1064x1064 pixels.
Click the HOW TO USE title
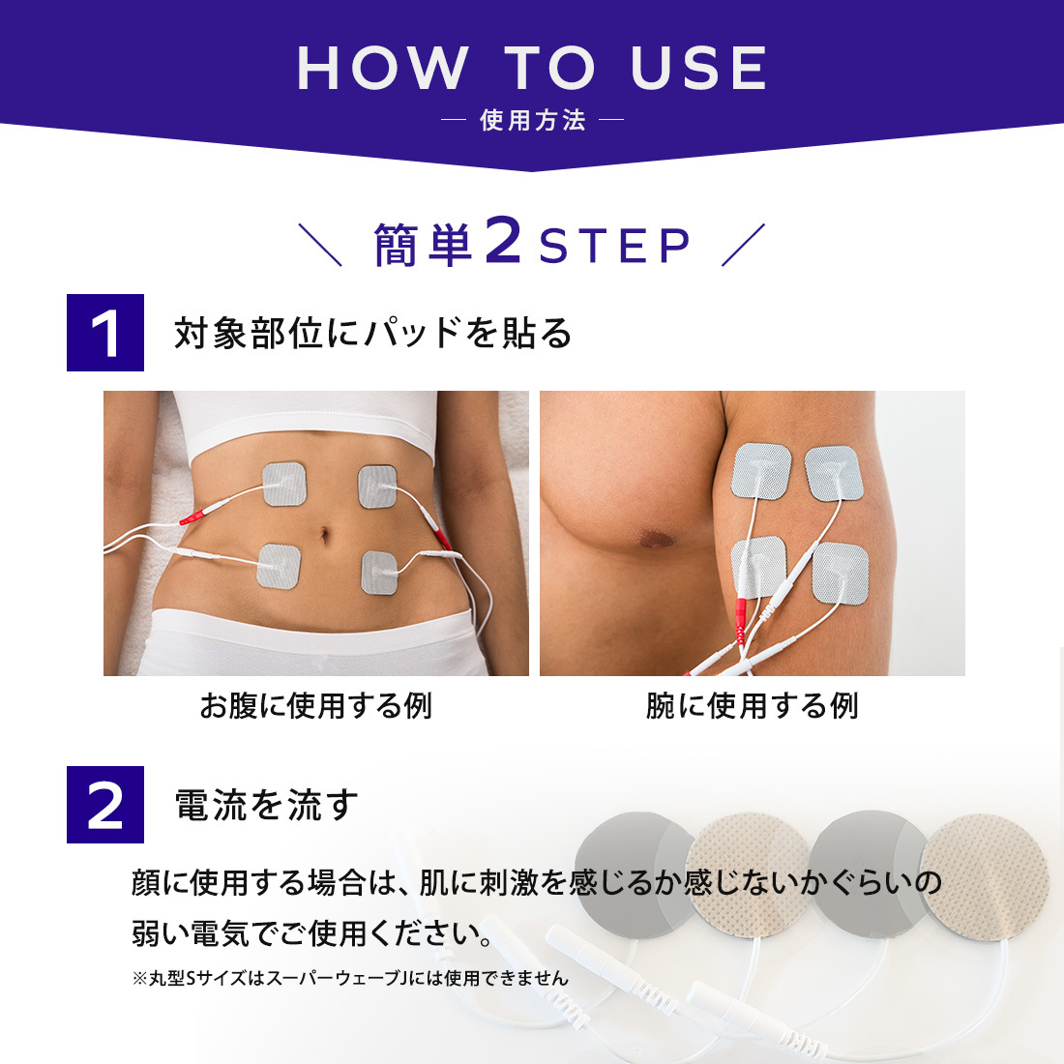pyautogui.click(x=532, y=68)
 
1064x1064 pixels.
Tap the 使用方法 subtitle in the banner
pyautogui.click(x=533, y=120)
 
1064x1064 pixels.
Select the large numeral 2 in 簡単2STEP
pyautogui.click(x=503, y=240)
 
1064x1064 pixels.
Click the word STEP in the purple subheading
pyautogui.click(x=615, y=246)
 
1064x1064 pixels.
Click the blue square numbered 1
pyautogui.click(x=105, y=333)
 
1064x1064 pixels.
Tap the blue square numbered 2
pyautogui.click(x=105, y=804)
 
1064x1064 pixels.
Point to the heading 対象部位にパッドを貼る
pyautogui.click(x=372, y=333)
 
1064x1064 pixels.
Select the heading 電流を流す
pyautogui.click(x=266, y=805)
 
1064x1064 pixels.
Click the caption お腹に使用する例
pyautogui.click(x=315, y=706)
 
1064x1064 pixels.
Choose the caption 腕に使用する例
pyautogui.click(x=752, y=706)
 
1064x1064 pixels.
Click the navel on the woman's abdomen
pyautogui.click(x=325, y=535)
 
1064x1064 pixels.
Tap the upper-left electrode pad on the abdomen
pyautogui.click(x=284, y=484)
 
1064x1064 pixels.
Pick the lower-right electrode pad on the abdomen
pyautogui.click(x=379, y=572)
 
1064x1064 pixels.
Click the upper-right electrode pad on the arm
pyautogui.click(x=834, y=473)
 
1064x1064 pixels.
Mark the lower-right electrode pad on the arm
pyautogui.click(x=841, y=574)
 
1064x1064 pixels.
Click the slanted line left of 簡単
pyautogui.click(x=320, y=245)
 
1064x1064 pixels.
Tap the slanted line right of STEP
pyautogui.click(x=743, y=245)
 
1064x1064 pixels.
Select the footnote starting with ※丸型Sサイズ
pyautogui.click(x=350, y=978)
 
